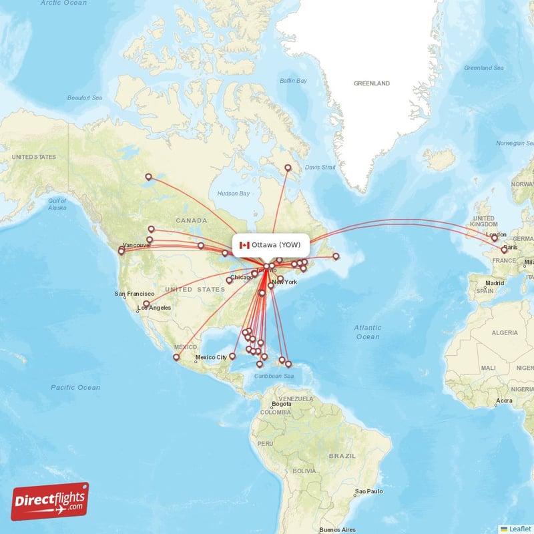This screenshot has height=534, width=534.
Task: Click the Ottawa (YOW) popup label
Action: point(276,245)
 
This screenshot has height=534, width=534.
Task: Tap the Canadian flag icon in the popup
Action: point(244,245)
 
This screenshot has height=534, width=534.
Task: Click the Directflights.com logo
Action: point(50,501)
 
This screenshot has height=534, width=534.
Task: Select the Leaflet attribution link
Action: point(519,529)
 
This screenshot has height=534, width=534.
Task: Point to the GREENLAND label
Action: point(372,83)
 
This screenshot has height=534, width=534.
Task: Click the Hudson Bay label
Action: point(233,194)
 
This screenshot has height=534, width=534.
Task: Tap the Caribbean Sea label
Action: point(274,376)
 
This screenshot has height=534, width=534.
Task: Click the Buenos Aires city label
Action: point(338,529)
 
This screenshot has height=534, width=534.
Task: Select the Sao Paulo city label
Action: point(370,491)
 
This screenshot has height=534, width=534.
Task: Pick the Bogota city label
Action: point(282,405)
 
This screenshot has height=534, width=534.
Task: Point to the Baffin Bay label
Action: point(293,81)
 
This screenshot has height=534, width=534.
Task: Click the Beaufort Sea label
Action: point(84,98)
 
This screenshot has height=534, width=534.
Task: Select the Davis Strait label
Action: point(320,168)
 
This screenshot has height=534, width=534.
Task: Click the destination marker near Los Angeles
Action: point(146,303)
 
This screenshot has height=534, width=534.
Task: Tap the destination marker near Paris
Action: point(504,249)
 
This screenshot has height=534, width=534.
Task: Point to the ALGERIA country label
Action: point(505,332)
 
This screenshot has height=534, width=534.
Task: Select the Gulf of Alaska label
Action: point(57,204)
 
